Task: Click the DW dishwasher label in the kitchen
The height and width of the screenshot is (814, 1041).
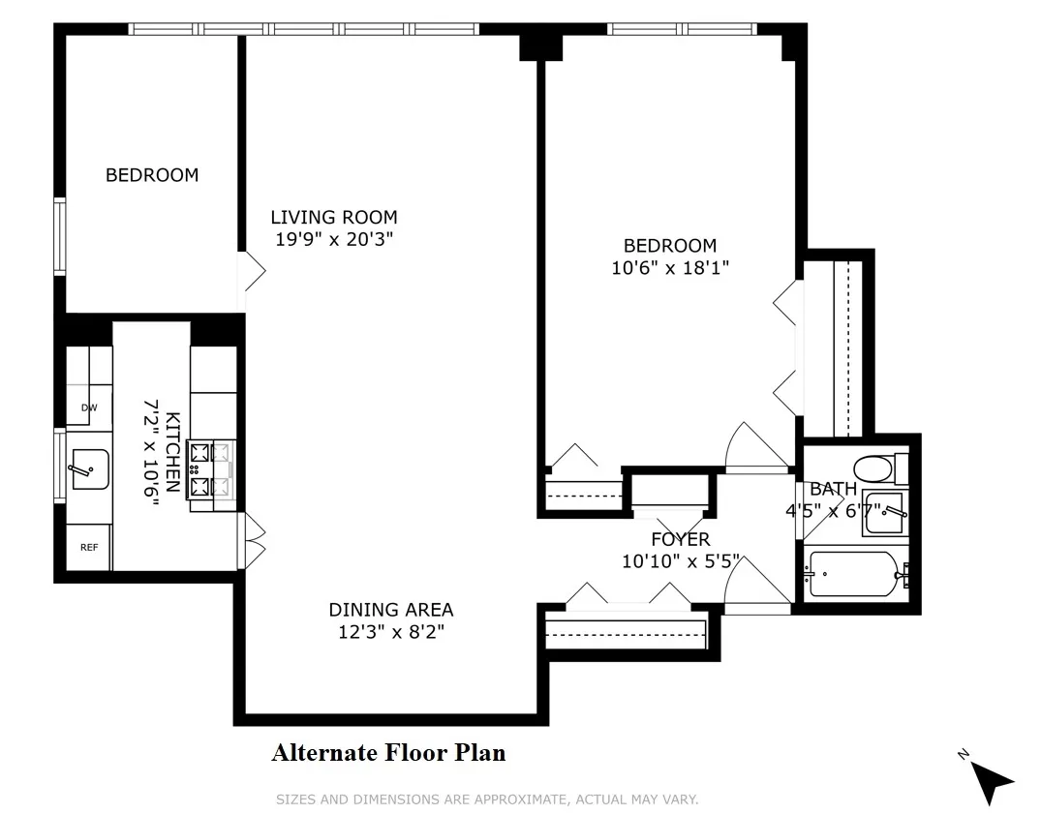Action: (x=88, y=407)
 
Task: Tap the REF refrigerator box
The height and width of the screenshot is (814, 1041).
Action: (x=89, y=547)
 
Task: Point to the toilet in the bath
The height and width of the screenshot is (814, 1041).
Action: (x=878, y=469)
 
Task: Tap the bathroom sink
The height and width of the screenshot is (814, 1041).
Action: (x=883, y=514)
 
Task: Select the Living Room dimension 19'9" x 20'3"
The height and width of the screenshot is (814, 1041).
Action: (x=334, y=239)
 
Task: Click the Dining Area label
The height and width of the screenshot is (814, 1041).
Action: (x=390, y=610)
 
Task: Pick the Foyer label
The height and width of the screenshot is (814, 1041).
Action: (x=680, y=539)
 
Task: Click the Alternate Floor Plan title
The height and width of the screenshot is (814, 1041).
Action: (x=388, y=752)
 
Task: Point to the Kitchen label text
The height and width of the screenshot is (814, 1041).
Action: (x=172, y=452)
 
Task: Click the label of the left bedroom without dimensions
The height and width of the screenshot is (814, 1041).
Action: (x=152, y=175)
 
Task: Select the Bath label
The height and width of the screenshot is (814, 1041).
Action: (x=833, y=489)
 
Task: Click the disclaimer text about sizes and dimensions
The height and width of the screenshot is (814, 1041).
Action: (x=487, y=799)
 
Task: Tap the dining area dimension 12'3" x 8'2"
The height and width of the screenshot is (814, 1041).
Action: (x=390, y=632)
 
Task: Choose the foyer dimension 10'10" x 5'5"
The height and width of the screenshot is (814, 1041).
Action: (x=680, y=560)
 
